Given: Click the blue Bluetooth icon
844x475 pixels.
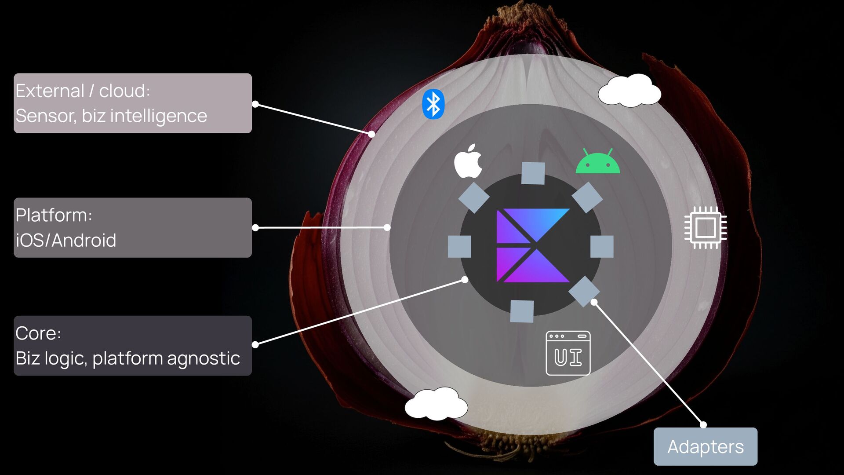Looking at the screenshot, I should click(433, 104).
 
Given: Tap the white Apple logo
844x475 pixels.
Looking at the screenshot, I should click(468, 161).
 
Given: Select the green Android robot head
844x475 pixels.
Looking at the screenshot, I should click(598, 162).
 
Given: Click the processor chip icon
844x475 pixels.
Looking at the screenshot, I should click(705, 228).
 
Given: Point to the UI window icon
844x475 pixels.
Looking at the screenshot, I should click(568, 353).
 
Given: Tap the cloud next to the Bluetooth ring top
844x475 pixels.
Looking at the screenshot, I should click(629, 91).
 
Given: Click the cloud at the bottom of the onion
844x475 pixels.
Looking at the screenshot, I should click(436, 403).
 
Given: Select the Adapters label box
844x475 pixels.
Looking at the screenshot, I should click(705, 446).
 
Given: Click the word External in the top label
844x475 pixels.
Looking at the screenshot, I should click(50, 91).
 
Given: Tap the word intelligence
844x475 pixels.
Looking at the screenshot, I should click(158, 116).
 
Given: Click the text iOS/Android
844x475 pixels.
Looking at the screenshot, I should click(66, 241).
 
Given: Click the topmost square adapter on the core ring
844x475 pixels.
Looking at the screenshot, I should click(533, 173).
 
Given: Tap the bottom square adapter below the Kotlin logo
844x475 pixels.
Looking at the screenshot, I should click(522, 311).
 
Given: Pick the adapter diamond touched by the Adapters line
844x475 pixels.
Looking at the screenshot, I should click(584, 291).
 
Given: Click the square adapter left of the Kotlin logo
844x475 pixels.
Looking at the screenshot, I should click(459, 246).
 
